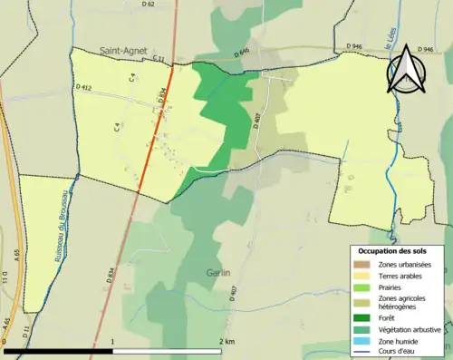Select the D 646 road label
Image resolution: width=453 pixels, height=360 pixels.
point(241,56)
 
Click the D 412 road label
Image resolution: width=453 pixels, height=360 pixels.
point(84,87)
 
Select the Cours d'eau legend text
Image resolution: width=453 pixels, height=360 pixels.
point(399,352)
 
